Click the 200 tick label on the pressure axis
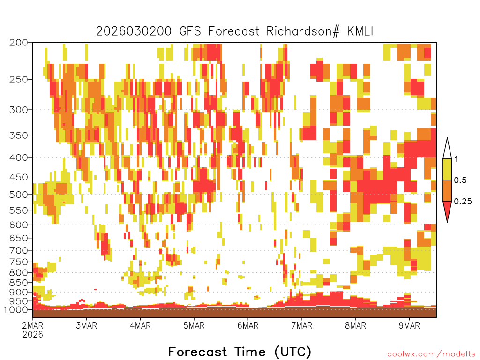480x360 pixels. click(x=19, y=43)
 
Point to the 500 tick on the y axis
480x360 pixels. click(x=19, y=195)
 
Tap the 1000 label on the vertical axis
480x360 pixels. click(x=16, y=310)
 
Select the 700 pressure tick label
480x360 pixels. click(x=19, y=250)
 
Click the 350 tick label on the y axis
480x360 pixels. click(x=19, y=135)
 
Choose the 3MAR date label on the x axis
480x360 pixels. click(x=86, y=325)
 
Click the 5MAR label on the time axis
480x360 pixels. click(x=194, y=325)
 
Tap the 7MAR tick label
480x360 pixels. click(x=301, y=325)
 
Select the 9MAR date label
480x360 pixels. click(x=409, y=325)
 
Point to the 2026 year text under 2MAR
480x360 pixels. click(x=33, y=334)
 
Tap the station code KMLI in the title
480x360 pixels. click(x=360, y=31)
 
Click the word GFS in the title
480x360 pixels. click(x=190, y=31)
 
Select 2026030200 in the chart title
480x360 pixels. click(x=134, y=31)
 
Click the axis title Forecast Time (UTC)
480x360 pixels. click(x=240, y=352)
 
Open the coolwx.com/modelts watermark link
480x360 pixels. click(x=432, y=354)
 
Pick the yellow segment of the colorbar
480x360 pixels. click(x=447, y=169)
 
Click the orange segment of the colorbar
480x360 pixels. click(x=447, y=190)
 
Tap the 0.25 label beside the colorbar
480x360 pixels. click(x=463, y=202)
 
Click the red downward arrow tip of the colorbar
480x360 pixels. click(x=447, y=222)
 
